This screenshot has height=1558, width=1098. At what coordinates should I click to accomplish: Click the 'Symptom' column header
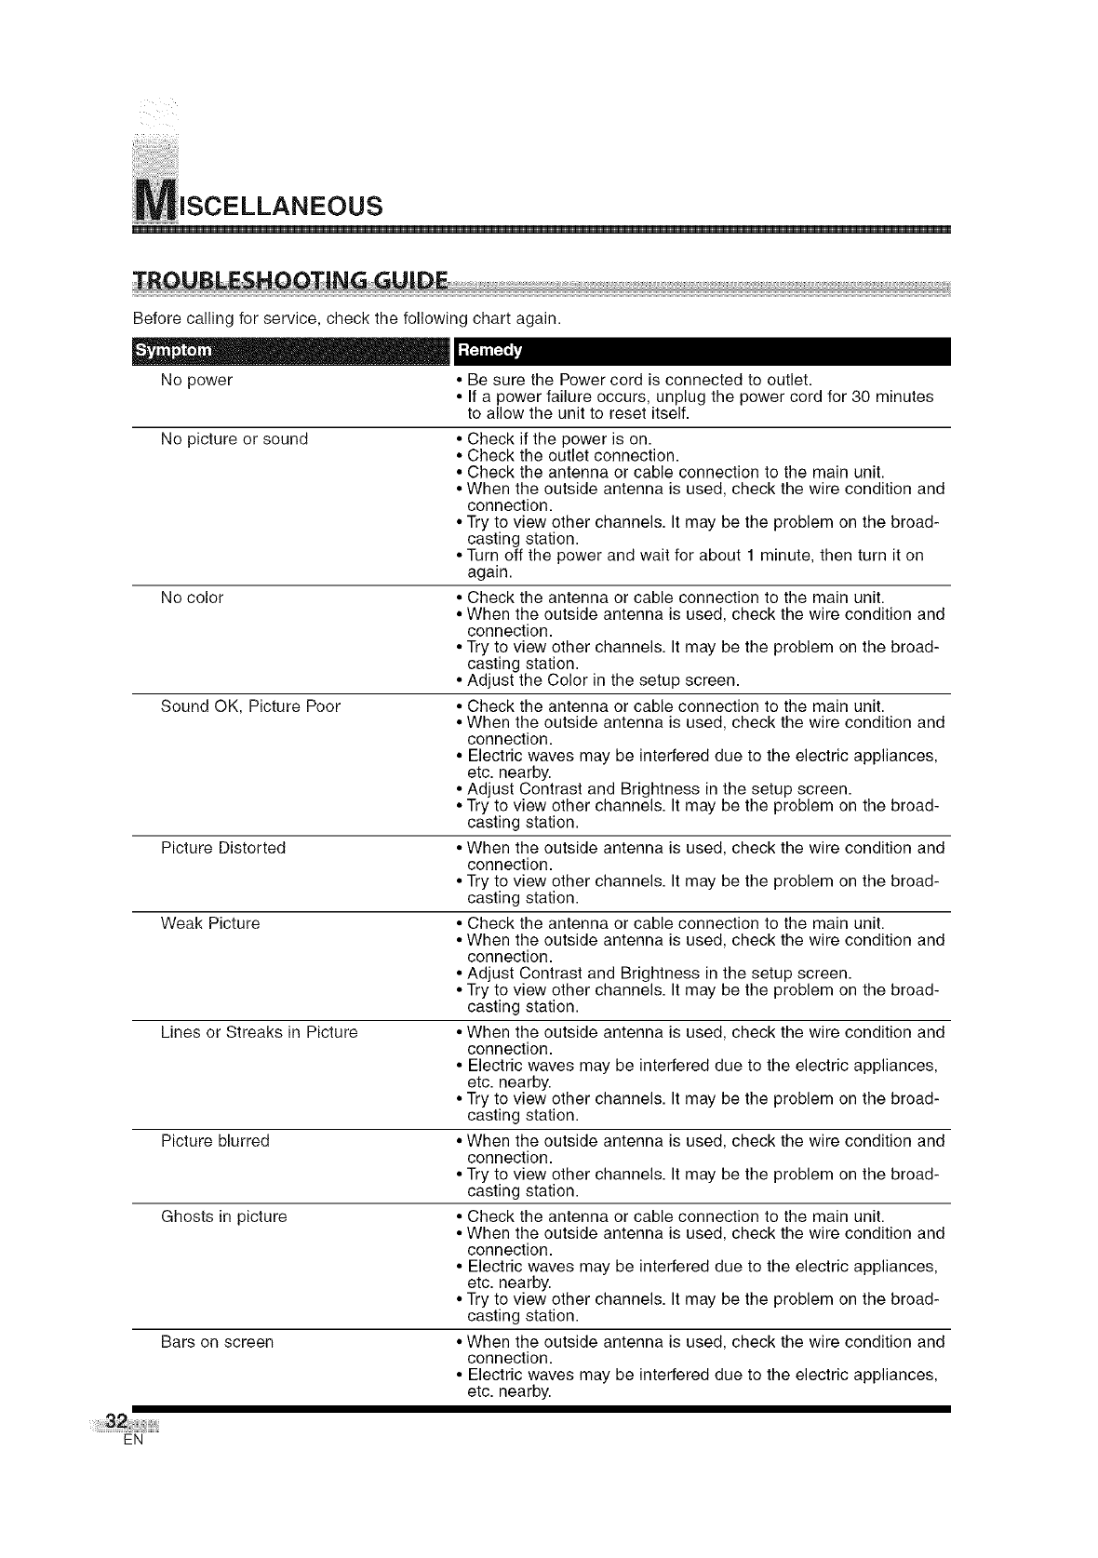[174, 351]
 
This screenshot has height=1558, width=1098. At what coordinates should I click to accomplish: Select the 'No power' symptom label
[196, 380]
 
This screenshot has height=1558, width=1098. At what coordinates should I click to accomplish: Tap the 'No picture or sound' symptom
[234, 438]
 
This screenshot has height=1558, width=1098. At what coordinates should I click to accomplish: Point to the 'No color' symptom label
[192, 597]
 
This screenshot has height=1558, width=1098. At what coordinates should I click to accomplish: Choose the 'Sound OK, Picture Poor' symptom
[250, 706]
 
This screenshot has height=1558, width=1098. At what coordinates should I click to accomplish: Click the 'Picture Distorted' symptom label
[223, 848]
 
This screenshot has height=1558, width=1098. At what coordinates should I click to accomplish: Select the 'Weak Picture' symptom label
[210, 923]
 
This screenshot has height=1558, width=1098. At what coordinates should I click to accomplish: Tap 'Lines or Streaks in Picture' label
[259, 1032]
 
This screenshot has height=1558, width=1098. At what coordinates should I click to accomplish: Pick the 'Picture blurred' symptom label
[215, 1141]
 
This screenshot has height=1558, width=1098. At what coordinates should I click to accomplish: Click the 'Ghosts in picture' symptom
[223, 1216]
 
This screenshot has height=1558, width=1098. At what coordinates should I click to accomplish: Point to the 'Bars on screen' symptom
[217, 1342]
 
